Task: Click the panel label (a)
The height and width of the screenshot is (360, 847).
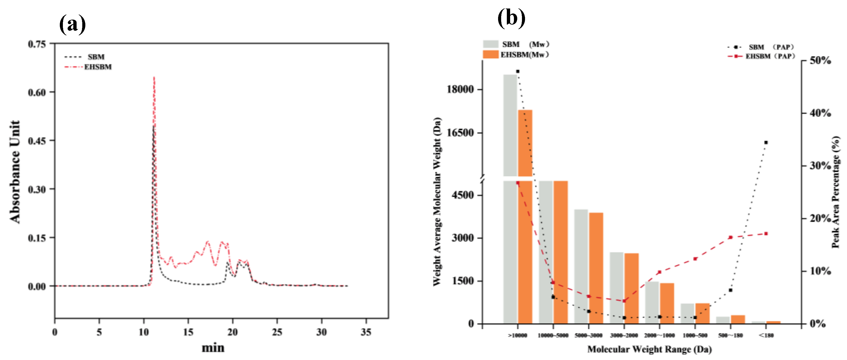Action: tap(72, 25)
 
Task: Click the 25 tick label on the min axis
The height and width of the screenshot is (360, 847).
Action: tap(277, 332)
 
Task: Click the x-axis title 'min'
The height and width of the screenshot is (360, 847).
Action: tap(213, 348)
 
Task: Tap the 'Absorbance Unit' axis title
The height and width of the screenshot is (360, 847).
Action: tap(15, 172)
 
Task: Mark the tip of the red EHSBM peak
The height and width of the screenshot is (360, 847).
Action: tap(154, 78)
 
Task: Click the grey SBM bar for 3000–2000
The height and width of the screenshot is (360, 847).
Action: tap(617, 288)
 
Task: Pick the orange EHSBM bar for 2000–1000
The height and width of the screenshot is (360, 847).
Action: tap(667, 303)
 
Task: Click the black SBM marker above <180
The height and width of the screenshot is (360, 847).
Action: tap(766, 142)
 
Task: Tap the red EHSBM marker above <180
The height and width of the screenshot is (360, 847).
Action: tap(766, 234)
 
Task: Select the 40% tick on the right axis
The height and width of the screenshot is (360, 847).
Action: tap(820, 113)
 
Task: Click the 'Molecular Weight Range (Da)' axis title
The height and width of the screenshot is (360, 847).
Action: tap(649, 349)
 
